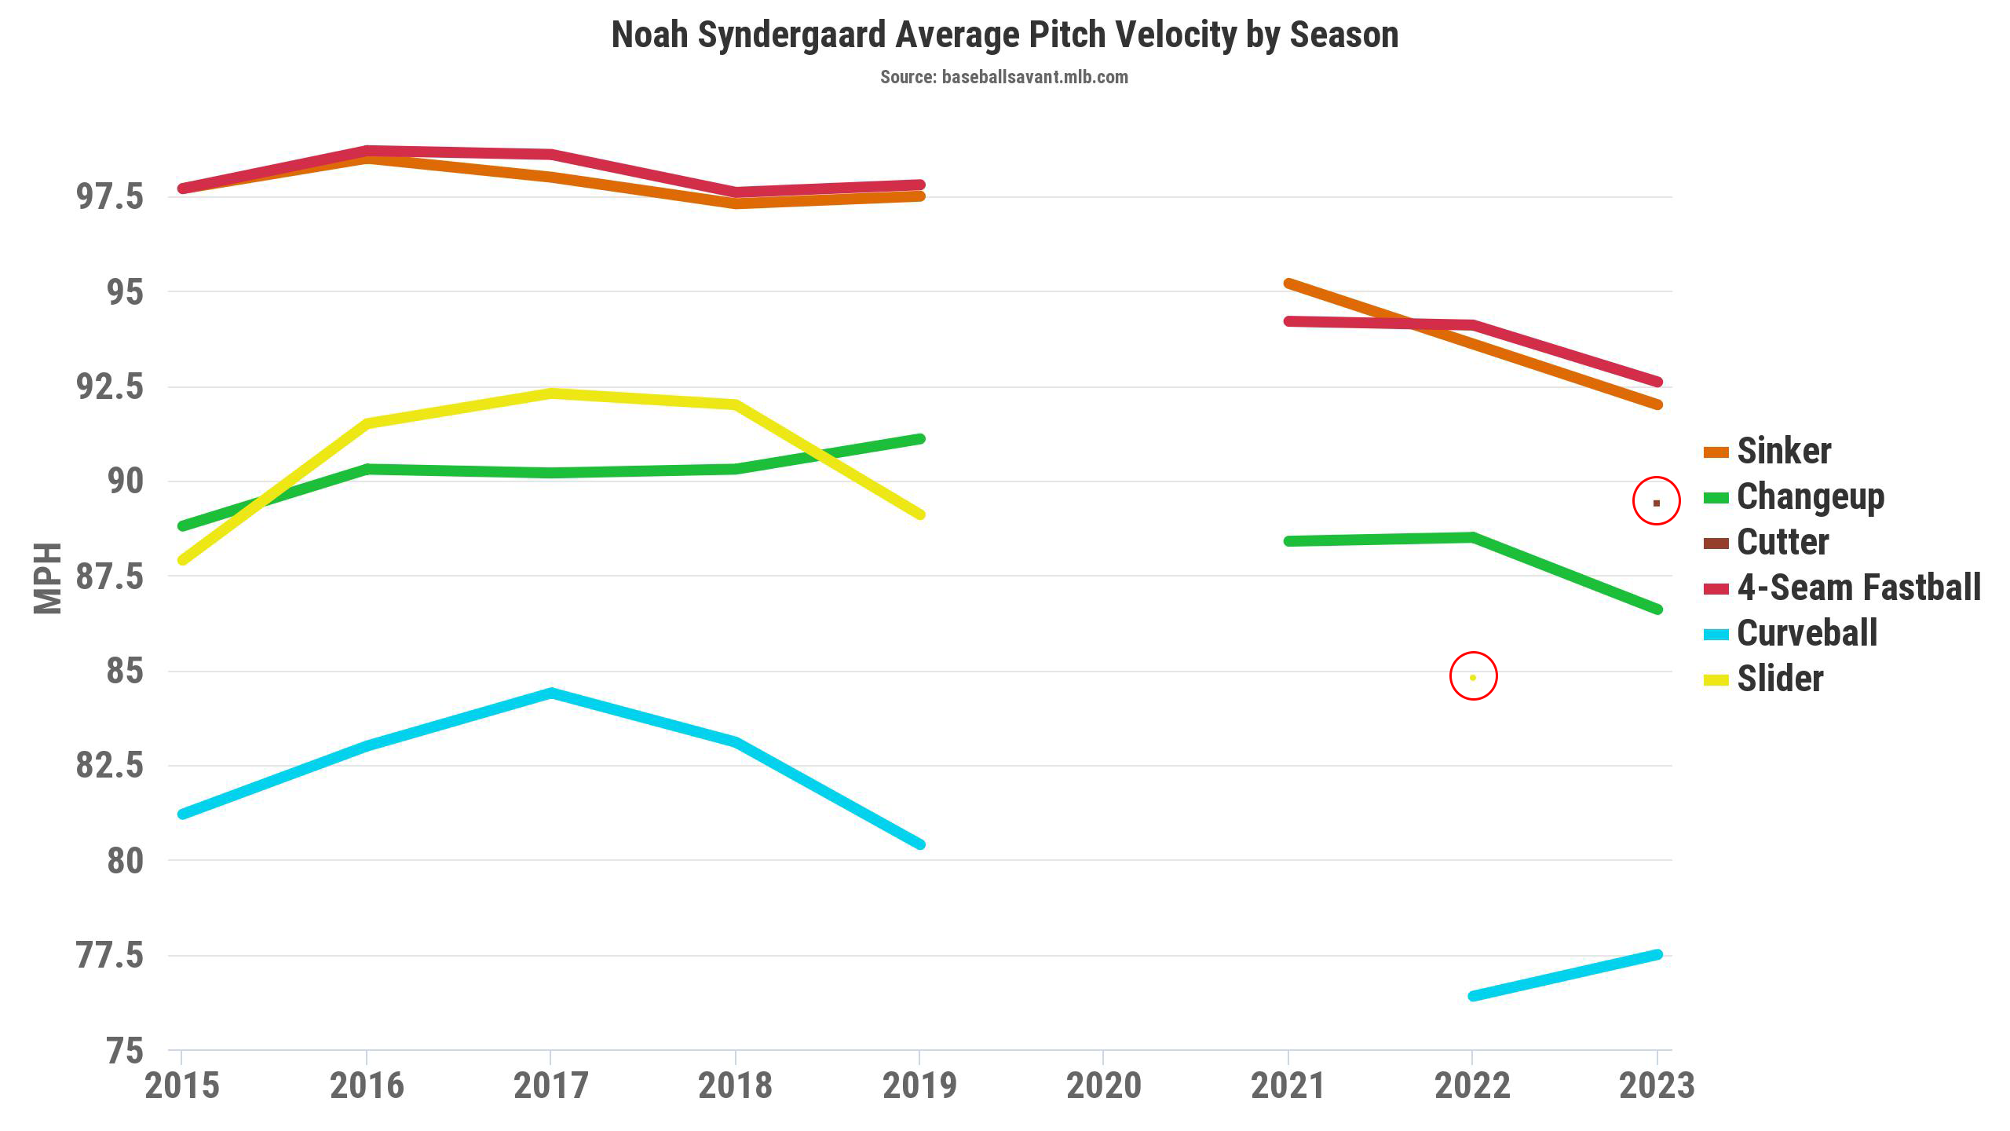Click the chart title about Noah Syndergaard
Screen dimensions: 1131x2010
(x=1004, y=35)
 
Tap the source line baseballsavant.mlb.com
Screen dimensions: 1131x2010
(x=1003, y=77)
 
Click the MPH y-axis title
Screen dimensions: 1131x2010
(x=48, y=578)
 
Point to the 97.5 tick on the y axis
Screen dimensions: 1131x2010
(x=109, y=196)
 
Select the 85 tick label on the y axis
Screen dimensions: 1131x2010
(x=125, y=672)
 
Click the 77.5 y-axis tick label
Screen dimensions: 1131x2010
(x=109, y=956)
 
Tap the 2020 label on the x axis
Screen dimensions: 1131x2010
(x=1103, y=1086)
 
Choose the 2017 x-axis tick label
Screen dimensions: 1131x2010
(x=550, y=1086)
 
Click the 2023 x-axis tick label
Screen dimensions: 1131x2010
(x=1657, y=1086)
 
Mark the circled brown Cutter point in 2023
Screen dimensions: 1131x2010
(x=1657, y=503)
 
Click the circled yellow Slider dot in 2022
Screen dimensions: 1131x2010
(x=1473, y=677)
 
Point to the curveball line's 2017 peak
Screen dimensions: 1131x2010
(x=551, y=694)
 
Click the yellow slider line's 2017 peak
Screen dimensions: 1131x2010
(x=551, y=393)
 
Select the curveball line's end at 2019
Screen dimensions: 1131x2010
(x=920, y=844)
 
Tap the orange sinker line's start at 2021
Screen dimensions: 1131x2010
(x=1288, y=284)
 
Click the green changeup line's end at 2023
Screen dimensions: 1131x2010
(x=1657, y=609)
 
